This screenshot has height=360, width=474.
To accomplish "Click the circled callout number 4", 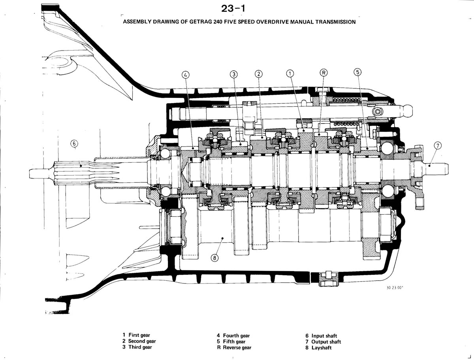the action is click(x=186, y=75).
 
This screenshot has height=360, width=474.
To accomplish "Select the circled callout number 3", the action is click(x=234, y=75).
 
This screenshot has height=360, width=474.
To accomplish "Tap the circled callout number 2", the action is click(x=259, y=74).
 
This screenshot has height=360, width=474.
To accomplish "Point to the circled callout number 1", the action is click(x=290, y=73).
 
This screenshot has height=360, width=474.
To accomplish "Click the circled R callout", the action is click(x=324, y=73).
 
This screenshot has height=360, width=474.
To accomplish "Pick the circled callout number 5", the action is click(x=357, y=72).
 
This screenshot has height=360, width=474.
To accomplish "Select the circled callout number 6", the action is click(x=74, y=143).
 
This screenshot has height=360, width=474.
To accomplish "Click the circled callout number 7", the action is click(x=438, y=146).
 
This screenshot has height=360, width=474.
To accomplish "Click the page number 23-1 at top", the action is click(x=233, y=9).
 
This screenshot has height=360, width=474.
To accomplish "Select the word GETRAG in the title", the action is click(x=200, y=22).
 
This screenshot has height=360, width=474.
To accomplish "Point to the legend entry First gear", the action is click(x=136, y=335).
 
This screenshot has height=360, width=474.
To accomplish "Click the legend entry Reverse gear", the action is click(x=234, y=347).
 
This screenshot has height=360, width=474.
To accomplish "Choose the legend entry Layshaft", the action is click(x=318, y=347).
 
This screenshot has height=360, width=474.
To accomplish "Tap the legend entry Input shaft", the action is click(x=321, y=336).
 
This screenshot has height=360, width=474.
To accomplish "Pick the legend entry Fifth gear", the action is click(x=231, y=341).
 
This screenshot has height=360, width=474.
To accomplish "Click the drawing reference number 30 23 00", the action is click(x=395, y=288).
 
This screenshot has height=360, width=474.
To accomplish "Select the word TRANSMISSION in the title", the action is click(x=335, y=22).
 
